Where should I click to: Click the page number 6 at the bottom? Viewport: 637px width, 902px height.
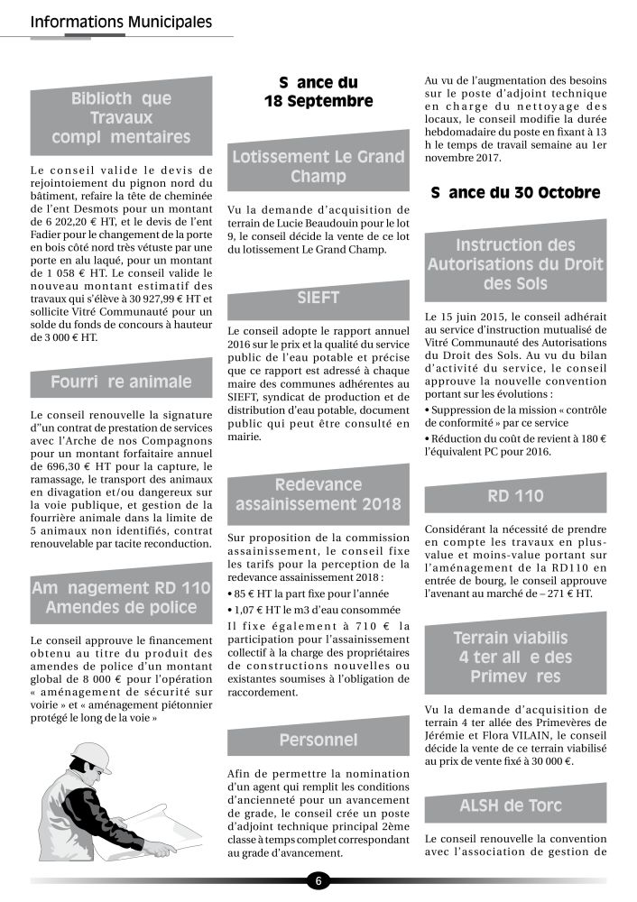[x=318, y=880]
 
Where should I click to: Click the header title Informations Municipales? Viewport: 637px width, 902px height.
[x=121, y=21]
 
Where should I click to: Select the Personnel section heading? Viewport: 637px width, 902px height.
[x=318, y=740]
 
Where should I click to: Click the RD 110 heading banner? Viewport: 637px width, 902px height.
[x=515, y=495]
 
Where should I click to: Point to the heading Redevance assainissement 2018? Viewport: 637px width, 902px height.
[x=318, y=494]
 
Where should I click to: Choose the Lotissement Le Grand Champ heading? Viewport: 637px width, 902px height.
[x=318, y=166]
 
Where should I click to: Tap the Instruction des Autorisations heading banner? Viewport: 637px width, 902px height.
[x=515, y=264]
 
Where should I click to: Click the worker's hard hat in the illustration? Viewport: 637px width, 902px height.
[x=91, y=756]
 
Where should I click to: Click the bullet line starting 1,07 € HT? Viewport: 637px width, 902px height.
[x=311, y=610]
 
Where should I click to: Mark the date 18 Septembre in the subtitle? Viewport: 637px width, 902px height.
[x=318, y=101]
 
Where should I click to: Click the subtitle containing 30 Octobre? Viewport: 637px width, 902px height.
[x=515, y=192]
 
